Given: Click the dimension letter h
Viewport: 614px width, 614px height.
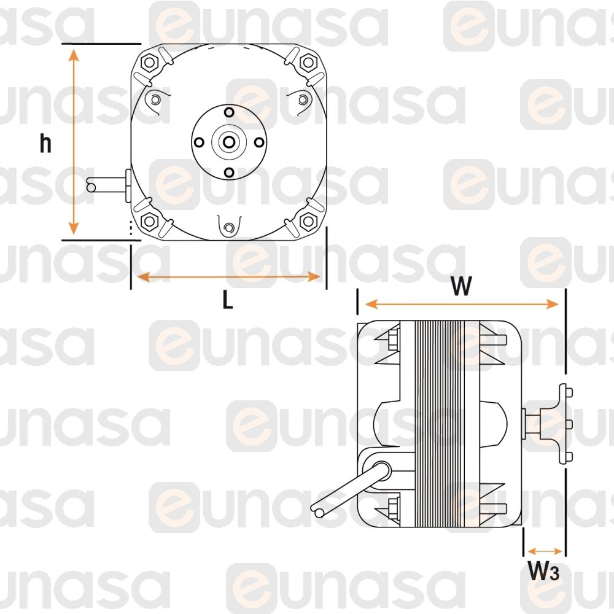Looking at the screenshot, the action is pos(45,143).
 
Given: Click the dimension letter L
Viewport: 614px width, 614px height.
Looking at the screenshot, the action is pos(228,300).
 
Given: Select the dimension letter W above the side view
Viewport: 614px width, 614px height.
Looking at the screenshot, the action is pos(461,286).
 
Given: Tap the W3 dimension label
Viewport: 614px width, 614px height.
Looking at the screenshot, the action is pos(543,570).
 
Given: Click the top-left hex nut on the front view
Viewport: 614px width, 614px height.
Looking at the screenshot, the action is pos(149,62).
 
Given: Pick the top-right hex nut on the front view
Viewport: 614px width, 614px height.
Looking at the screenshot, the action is pos(308,62).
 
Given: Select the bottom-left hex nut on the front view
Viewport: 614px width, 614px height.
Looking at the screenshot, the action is pos(149,221).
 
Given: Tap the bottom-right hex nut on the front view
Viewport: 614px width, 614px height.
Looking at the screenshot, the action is pos(308,221).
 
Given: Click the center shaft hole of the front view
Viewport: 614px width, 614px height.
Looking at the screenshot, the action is pos(228,142).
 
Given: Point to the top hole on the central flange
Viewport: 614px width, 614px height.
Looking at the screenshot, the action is pos(229,112).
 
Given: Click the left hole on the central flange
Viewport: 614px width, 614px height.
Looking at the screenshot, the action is pos(199,142).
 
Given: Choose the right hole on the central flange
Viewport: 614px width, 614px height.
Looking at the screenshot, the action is pos(259,142).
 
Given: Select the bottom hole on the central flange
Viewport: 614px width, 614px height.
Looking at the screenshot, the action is pos(229,173).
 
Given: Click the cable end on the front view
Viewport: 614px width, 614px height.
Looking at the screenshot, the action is pos(91,187).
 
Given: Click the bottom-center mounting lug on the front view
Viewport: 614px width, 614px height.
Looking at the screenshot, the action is pos(229,227).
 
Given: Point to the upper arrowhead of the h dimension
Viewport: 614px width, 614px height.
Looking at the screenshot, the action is pos(74,55).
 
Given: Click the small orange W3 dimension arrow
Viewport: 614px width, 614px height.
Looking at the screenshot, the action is pos(545,551).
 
